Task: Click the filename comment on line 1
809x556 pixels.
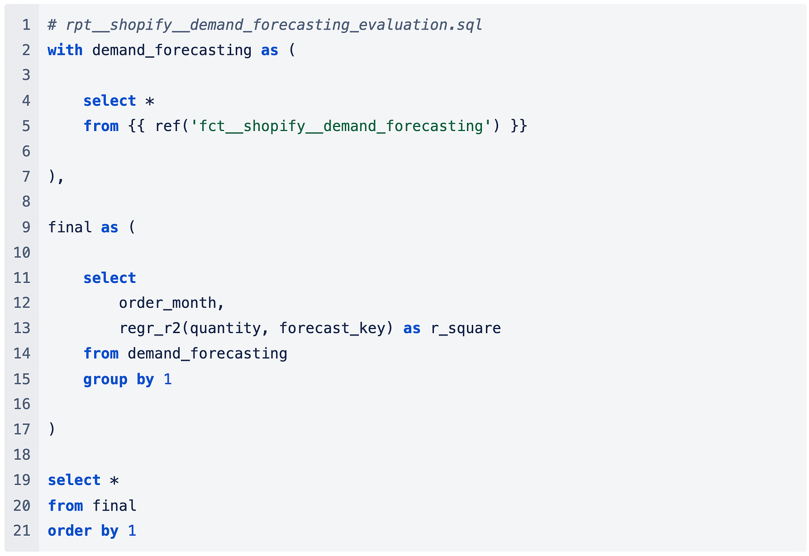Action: (265, 25)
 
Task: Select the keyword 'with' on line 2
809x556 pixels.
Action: (65, 50)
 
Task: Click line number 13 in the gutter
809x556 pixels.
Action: (21, 328)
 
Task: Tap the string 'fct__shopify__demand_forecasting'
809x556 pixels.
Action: (341, 126)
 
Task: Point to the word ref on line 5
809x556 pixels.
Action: (168, 126)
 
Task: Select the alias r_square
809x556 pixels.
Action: (466, 328)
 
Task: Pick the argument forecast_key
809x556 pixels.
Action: (332, 328)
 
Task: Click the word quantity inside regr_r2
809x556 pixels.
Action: (225, 328)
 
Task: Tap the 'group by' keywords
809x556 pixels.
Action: (118, 379)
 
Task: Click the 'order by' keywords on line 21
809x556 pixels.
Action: (83, 531)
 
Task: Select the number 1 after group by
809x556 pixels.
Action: (168, 379)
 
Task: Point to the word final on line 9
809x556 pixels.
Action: (70, 227)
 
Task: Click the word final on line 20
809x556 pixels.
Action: (114, 506)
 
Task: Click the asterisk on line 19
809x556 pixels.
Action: (114, 480)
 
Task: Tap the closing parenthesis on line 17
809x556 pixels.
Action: (52, 429)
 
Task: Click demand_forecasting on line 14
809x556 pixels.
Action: (207, 353)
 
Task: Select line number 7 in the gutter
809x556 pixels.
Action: (26, 176)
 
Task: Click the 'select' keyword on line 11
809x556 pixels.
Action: (110, 278)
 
